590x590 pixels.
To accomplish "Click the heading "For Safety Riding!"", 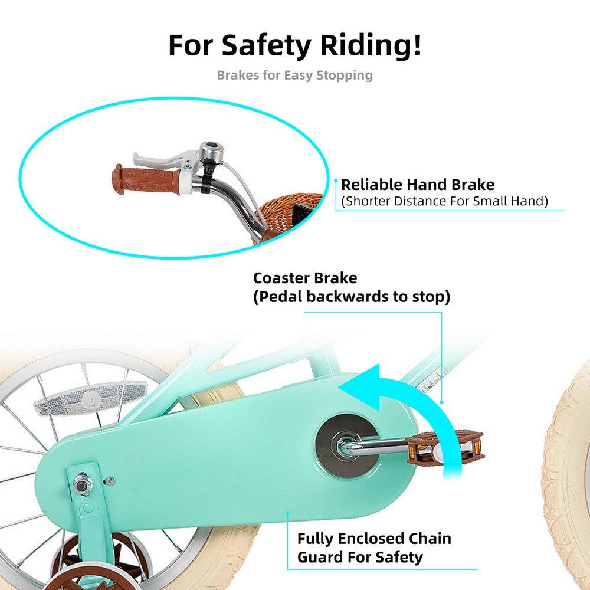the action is [295, 45].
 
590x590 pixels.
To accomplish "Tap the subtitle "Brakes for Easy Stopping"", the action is [294, 76].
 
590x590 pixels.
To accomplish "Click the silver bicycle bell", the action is [209, 152].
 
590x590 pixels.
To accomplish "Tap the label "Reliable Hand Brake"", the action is [418, 185].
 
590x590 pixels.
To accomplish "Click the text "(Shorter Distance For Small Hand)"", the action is [444, 201].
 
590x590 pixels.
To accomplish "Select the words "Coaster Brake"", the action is [305, 278].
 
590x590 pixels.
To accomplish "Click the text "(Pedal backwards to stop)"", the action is [352, 297].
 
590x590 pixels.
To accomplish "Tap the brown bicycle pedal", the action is [445, 447].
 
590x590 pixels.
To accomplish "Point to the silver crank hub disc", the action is [347, 445].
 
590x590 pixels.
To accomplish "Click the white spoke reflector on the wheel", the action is [90, 398].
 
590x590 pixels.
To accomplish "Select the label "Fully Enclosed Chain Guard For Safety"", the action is [374, 548].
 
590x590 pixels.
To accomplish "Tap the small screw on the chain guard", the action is [110, 480].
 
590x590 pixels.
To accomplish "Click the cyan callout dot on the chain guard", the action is [287, 513].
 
